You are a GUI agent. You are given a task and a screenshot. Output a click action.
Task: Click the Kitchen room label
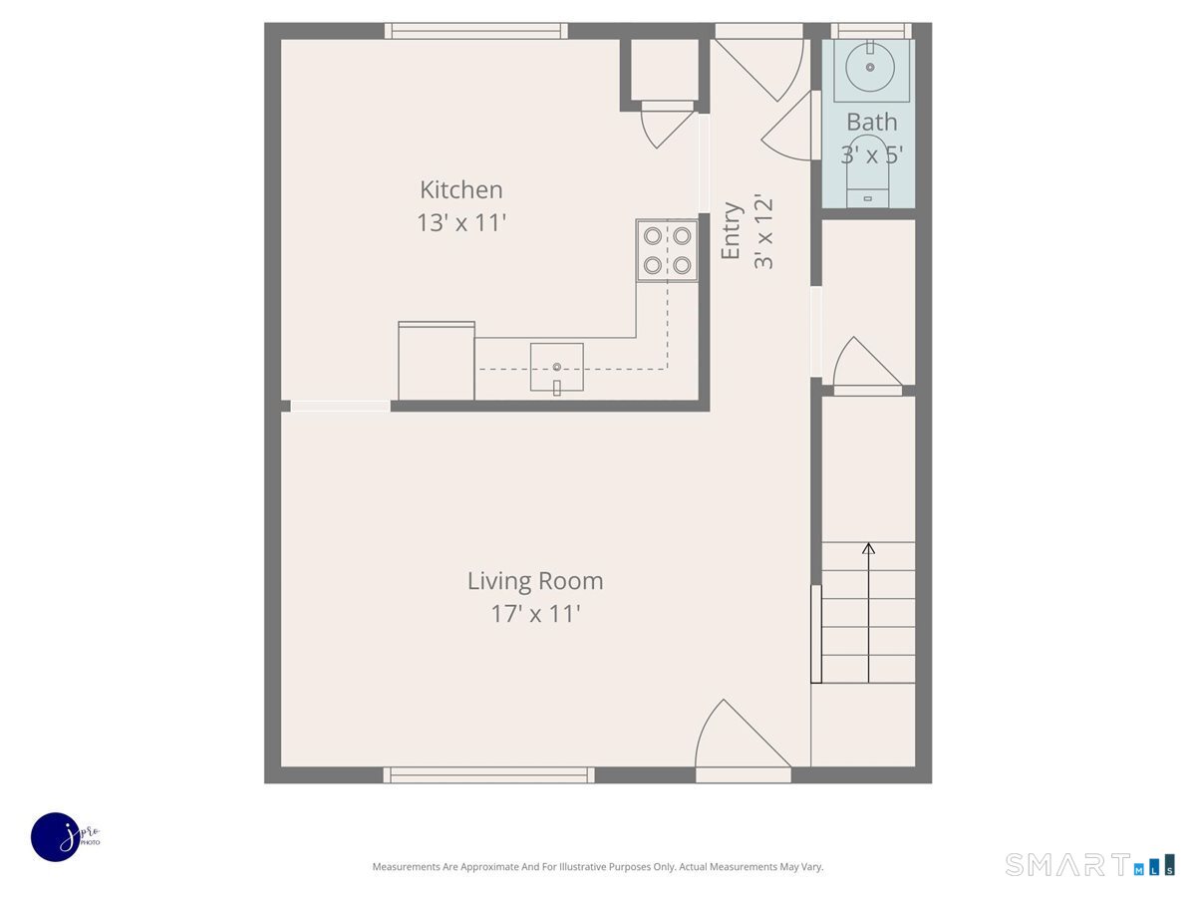point(461,189)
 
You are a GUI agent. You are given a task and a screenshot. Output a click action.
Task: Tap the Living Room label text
point(535,581)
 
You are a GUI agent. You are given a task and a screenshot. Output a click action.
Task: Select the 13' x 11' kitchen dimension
point(461,222)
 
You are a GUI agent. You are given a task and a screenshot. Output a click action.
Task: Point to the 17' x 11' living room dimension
point(535,614)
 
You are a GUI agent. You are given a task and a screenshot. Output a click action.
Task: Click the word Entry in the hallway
point(731,230)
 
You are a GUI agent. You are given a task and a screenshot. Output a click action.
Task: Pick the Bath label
point(871,122)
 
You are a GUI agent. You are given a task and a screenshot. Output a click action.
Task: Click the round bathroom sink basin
point(870,67)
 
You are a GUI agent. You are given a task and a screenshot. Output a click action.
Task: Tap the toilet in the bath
point(867,170)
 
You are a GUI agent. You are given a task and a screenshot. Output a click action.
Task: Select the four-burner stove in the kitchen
point(667,250)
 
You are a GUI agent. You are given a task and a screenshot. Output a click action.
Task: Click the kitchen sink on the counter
point(557,367)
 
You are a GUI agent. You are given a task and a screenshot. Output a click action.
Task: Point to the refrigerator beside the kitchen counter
point(436,361)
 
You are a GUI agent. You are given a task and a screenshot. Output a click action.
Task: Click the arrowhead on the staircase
point(868,548)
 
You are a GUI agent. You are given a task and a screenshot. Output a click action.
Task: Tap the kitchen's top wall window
point(476,31)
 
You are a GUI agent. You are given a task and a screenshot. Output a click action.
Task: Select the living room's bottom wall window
point(488,775)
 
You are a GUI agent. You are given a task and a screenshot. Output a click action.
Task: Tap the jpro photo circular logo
point(56,837)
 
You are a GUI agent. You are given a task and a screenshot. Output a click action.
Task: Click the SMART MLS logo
point(1090,864)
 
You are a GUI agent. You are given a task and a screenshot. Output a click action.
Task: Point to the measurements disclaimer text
point(598,866)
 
